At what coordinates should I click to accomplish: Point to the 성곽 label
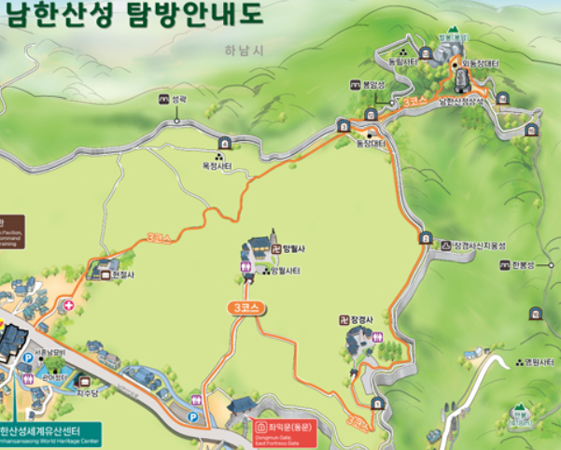[179, 98]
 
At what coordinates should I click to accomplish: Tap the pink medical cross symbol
[68, 305]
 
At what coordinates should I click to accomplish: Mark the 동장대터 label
[371, 143]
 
